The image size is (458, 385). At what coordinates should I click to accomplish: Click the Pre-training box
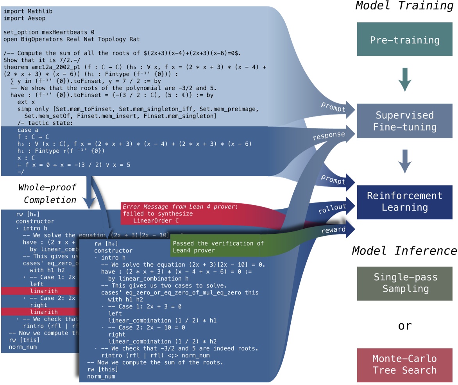tap(404, 40)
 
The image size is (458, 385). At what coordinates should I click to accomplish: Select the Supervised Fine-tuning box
tap(404, 121)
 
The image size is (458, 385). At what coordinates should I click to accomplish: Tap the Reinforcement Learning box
tap(404, 201)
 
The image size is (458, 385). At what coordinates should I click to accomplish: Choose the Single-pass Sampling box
tap(404, 283)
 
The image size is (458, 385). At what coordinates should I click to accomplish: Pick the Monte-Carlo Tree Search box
tap(404, 364)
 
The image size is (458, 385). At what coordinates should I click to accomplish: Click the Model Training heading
tap(404, 6)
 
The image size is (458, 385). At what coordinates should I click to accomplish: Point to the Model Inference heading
tap(404, 250)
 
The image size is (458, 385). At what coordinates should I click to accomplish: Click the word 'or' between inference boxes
tap(404, 325)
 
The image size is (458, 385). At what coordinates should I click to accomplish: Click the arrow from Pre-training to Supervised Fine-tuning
tap(404, 80)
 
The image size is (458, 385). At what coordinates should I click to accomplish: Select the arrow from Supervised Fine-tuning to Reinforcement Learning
tap(404, 161)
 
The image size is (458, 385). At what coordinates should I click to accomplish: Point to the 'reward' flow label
tap(333, 231)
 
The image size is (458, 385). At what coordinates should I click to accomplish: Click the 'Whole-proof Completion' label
tap(47, 193)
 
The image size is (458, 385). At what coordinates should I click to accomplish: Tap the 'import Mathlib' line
tap(28, 11)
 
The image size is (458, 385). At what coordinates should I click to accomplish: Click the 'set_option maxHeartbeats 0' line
tap(49, 32)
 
